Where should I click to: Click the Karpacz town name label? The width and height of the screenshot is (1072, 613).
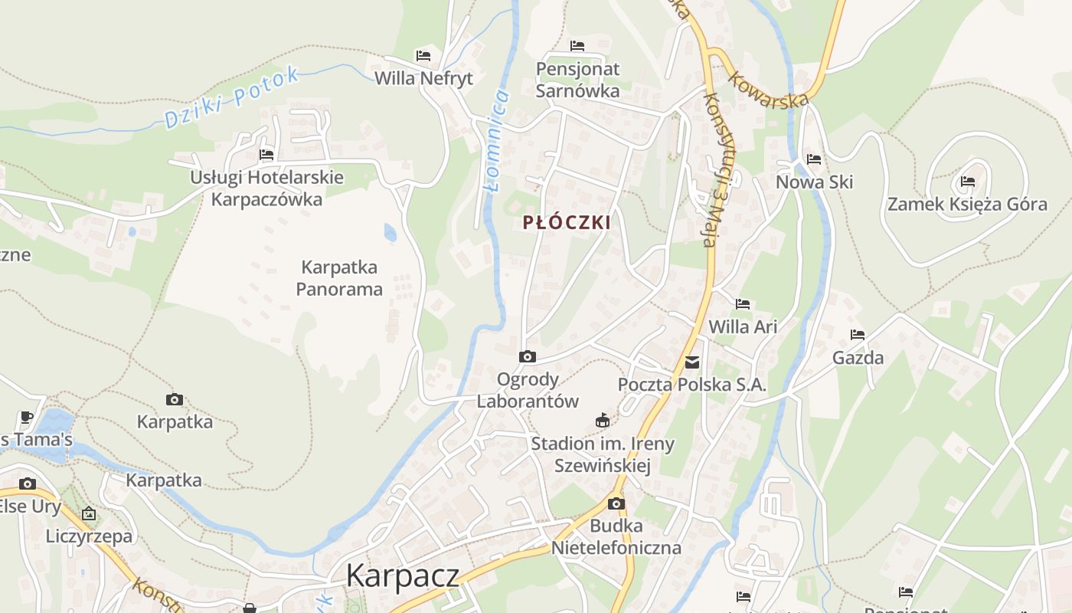pos(403,575)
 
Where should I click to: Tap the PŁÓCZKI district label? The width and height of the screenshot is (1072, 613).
pos(567,223)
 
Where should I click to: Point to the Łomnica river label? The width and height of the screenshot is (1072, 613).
pos(496,140)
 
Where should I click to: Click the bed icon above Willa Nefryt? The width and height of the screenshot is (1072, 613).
pos(423,56)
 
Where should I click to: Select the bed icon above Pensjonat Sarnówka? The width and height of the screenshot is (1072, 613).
pos(577,47)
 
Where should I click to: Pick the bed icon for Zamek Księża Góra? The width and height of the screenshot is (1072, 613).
pos(968,182)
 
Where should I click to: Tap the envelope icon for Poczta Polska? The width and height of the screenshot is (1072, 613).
pos(692,362)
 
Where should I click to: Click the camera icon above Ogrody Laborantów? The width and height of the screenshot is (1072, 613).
pos(528,357)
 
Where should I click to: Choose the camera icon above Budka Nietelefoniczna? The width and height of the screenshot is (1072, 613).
pos(616,504)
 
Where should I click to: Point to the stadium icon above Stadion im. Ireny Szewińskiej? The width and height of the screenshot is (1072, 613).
pos(603,421)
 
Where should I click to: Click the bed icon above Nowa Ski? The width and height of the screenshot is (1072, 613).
pos(814,159)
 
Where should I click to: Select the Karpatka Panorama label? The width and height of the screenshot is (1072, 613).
pos(339,278)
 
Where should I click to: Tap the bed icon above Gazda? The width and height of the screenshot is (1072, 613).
pos(858,335)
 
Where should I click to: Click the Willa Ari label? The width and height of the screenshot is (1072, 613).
pos(743,327)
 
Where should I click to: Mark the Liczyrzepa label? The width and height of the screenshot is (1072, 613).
pos(89,536)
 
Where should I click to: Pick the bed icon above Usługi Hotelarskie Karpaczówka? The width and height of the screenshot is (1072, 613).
pos(266,155)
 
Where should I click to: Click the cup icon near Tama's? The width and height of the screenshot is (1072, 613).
pos(27,418)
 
